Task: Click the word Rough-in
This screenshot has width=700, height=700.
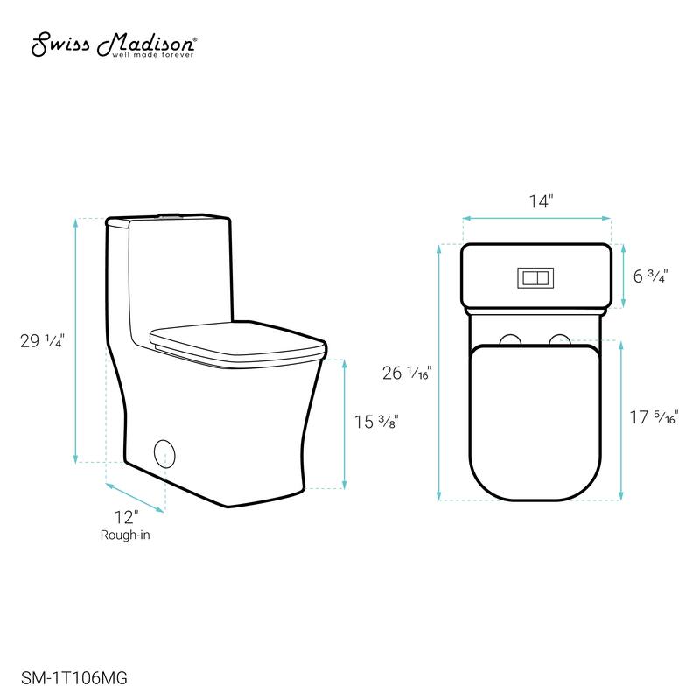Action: click(124, 535)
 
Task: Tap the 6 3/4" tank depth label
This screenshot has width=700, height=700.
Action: click(651, 276)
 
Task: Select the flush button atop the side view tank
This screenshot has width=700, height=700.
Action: click(171, 213)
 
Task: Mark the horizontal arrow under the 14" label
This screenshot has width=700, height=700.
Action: click(536, 218)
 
